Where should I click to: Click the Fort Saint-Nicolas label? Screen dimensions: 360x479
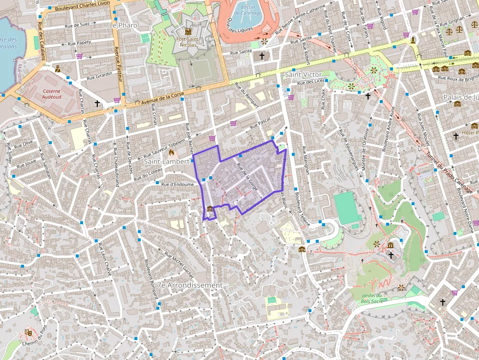pyautogui.click(x=187, y=42)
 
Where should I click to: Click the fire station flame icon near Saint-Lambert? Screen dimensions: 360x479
pyautogui.click(x=172, y=153)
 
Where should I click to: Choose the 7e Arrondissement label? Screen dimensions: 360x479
pyautogui.click(x=190, y=285)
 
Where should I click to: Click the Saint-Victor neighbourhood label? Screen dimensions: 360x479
pyautogui.click(x=303, y=74)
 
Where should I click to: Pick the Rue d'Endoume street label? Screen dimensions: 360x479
pyautogui.click(x=171, y=184)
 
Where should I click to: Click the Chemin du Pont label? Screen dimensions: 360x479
pyautogui.click(x=37, y=337)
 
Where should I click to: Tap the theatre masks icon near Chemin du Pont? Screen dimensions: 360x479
pyautogui.click(x=28, y=333)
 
